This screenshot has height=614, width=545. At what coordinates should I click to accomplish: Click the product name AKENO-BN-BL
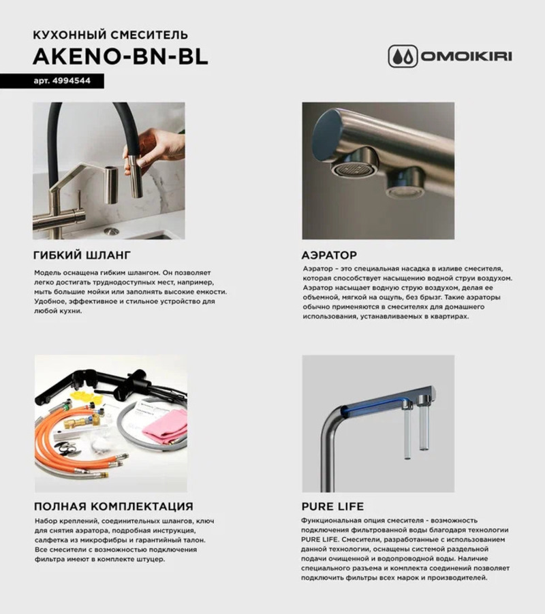(x=121, y=58)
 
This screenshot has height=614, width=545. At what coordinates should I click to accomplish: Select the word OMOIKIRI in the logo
(x=465, y=56)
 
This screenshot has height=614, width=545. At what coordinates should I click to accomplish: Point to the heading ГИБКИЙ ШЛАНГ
(x=81, y=256)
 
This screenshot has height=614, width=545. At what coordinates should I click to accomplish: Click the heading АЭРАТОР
(x=329, y=256)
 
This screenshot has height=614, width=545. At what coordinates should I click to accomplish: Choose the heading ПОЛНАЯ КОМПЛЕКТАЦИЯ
(x=113, y=506)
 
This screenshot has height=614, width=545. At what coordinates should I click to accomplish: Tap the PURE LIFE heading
(x=332, y=506)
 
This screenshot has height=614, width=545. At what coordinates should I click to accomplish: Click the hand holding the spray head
(x=151, y=145)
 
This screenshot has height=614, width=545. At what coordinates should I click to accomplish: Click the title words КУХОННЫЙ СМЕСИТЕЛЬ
(x=110, y=35)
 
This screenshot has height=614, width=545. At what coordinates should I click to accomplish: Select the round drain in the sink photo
(x=111, y=231)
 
